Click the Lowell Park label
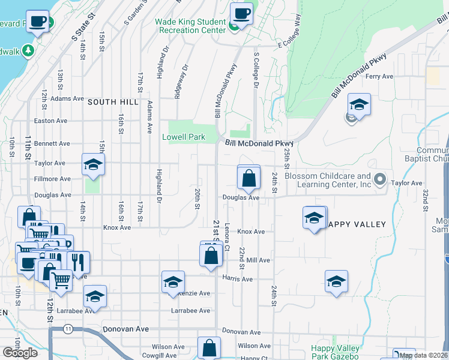184,137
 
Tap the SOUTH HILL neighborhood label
109,102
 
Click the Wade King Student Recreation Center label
190,26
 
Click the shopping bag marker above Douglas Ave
249,178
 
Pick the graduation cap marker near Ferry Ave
358,105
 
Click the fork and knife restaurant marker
78,262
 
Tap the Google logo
20,352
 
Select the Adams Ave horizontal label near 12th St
67,98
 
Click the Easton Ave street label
51,121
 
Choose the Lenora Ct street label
228,238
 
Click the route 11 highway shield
68,329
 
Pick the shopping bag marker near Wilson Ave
209,348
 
